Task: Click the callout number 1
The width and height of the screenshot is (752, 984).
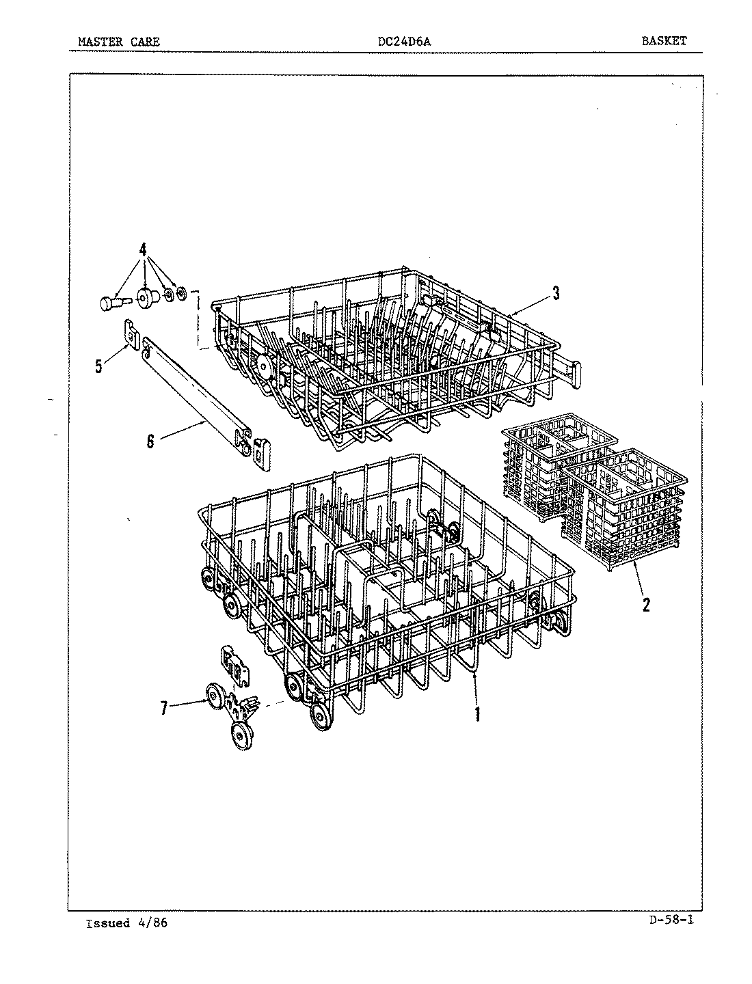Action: pyautogui.click(x=477, y=713)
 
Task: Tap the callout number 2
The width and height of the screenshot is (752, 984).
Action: pyautogui.click(x=646, y=604)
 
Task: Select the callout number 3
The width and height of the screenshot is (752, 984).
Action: pyautogui.click(x=556, y=293)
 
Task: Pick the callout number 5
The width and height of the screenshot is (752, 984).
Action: pyautogui.click(x=99, y=367)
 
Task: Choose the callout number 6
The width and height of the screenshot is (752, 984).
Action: pyautogui.click(x=150, y=441)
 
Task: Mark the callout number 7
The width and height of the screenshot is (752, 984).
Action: pyautogui.click(x=164, y=709)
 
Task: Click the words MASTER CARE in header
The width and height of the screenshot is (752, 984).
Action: pyautogui.click(x=119, y=42)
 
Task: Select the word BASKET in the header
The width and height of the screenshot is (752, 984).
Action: pyautogui.click(x=663, y=41)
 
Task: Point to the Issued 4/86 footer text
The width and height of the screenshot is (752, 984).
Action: pyautogui.click(x=126, y=923)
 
